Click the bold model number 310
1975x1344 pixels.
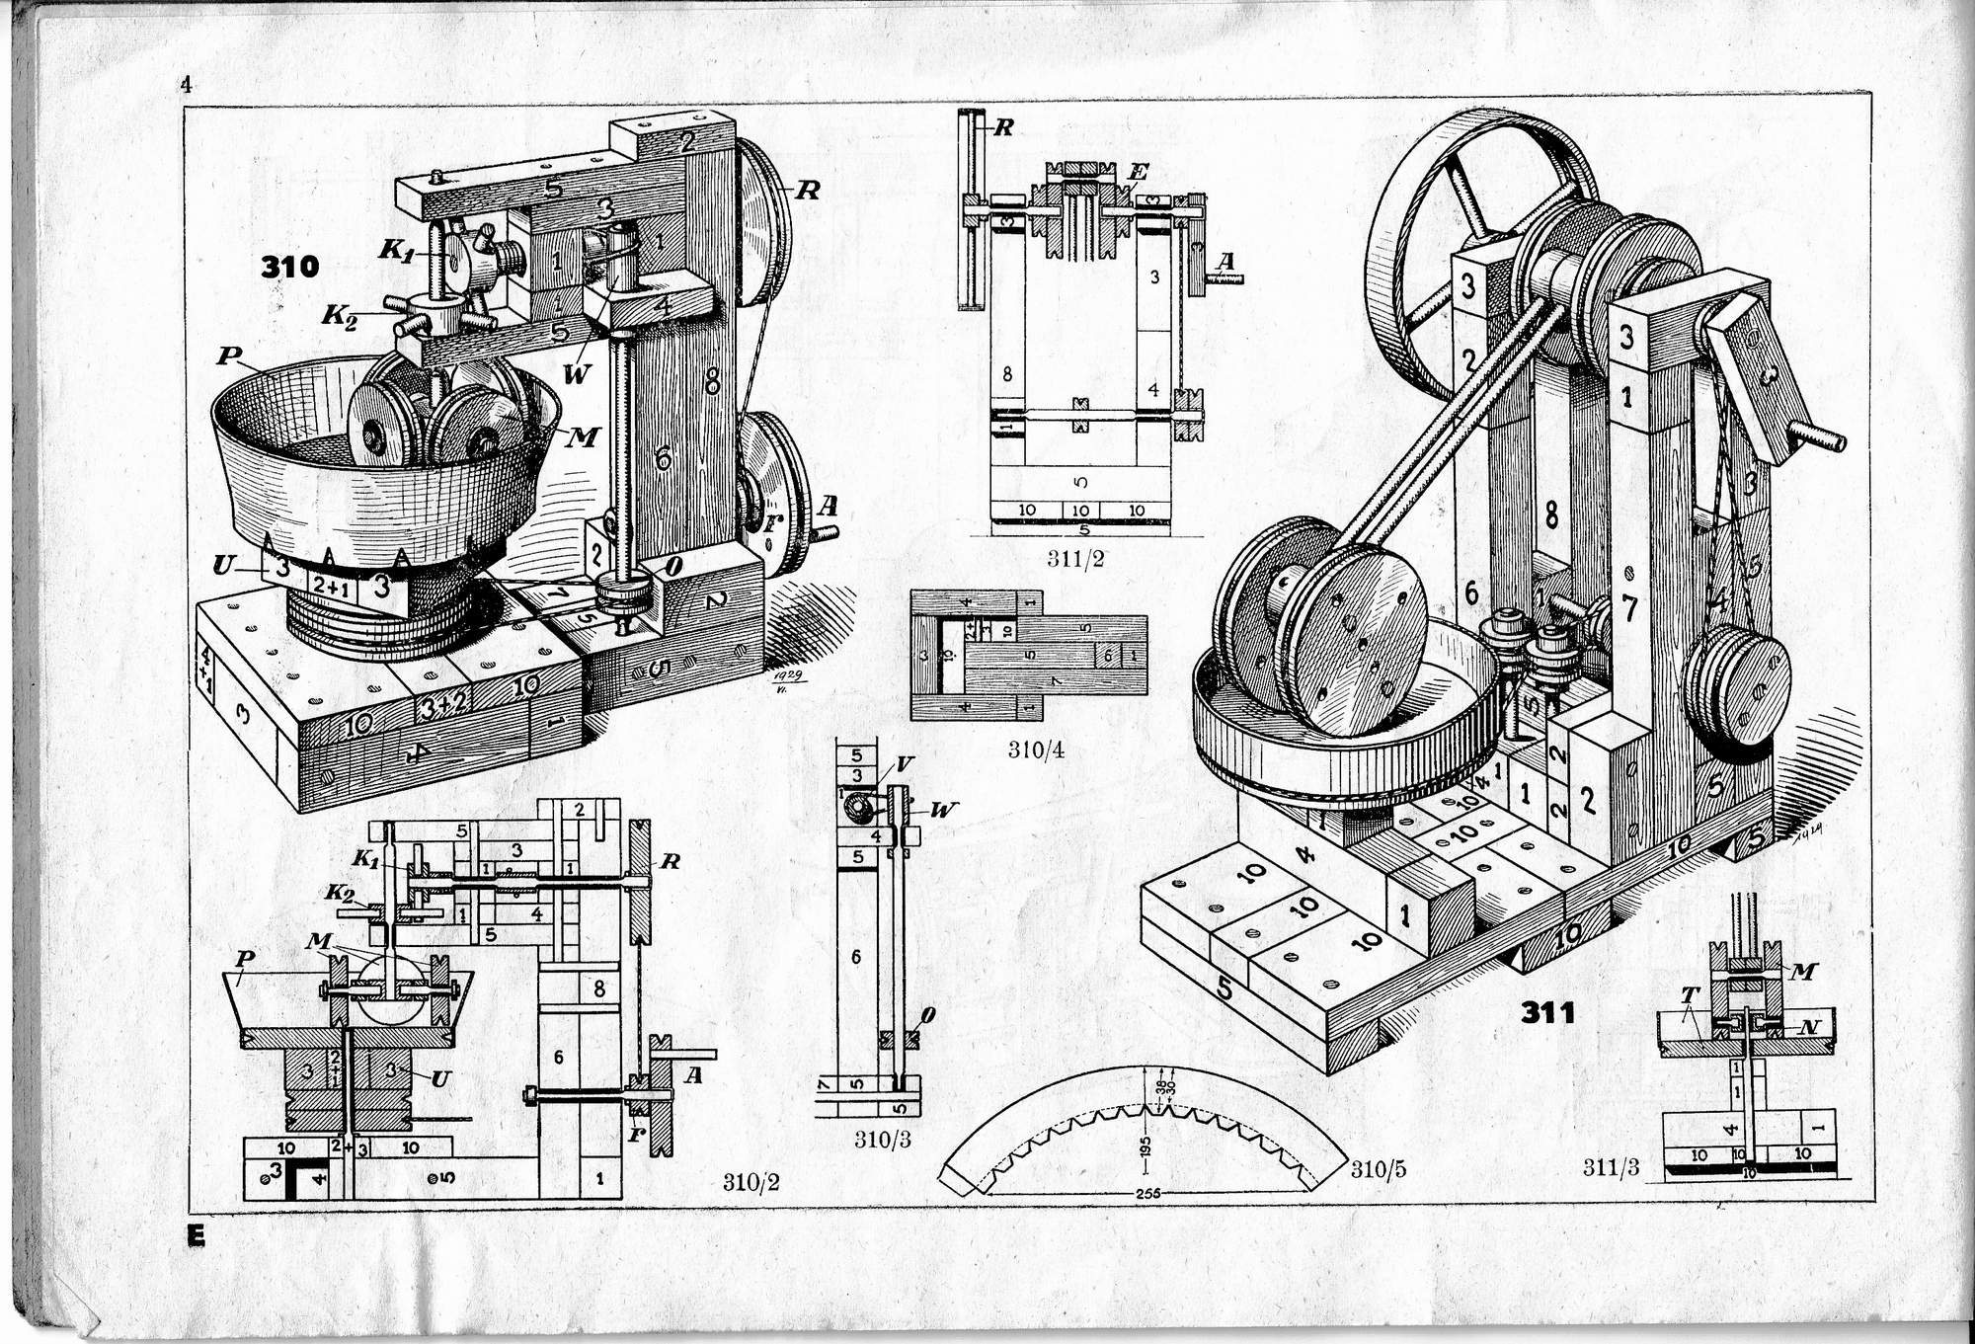click(x=289, y=267)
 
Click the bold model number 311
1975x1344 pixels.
click(x=1547, y=1012)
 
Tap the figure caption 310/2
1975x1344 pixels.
click(x=750, y=1182)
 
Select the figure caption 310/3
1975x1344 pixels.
click(x=882, y=1140)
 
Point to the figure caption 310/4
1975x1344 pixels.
click(x=1036, y=750)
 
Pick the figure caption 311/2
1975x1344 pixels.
click(x=1075, y=559)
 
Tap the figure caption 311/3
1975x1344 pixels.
click(x=1611, y=1168)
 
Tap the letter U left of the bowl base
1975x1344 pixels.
click(x=225, y=566)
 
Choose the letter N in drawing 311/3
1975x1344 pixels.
click(x=1808, y=1026)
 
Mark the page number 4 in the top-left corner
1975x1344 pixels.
click(x=185, y=84)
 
